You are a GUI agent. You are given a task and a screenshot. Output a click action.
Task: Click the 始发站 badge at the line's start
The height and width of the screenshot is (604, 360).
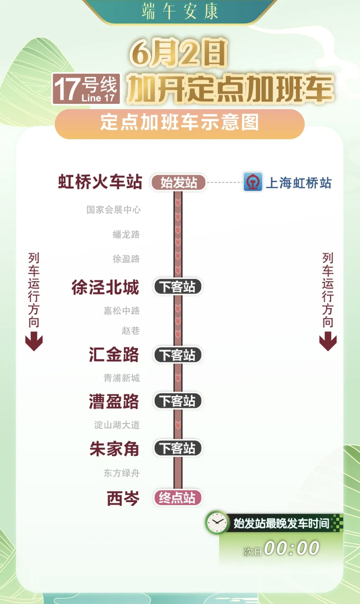tap(178, 183)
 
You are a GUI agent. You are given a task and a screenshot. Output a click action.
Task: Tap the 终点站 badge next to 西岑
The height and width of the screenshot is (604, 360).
tap(177, 498)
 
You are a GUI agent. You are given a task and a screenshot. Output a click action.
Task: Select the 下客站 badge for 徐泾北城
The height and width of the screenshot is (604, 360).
tap(177, 287)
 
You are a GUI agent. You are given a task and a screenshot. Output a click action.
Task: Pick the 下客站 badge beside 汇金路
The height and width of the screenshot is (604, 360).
tap(177, 355)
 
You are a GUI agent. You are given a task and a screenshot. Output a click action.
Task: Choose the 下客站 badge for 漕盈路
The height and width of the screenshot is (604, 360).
tap(177, 401)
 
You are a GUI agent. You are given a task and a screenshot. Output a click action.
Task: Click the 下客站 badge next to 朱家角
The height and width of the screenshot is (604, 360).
tap(177, 449)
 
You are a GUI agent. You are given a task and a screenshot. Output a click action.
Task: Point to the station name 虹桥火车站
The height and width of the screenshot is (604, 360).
tap(100, 182)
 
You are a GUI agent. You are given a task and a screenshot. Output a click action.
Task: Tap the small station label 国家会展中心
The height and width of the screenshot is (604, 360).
tap(114, 210)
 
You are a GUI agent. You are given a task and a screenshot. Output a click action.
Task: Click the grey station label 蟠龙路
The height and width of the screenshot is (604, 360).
tap(127, 235)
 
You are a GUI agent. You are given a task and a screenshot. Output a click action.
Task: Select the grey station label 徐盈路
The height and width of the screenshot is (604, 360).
tap(127, 259)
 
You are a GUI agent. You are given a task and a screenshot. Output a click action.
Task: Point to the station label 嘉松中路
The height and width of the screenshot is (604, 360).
tap(122, 311)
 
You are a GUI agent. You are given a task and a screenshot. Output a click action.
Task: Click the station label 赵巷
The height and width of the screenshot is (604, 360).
tap(131, 330)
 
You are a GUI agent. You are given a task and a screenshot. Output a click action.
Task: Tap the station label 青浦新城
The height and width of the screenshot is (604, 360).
tap(122, 378)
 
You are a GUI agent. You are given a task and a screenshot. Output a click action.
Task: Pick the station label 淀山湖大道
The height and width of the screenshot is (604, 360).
tap(117, 425)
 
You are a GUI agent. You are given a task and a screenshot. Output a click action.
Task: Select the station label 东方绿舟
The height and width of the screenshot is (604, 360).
tap(122, 473)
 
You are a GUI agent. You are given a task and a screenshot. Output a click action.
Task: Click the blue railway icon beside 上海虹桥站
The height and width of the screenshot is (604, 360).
tap(253, 182)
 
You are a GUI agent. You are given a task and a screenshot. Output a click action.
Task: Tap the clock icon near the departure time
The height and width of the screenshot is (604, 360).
tap(217, 523)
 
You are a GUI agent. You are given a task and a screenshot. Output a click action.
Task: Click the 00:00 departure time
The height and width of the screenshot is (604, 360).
tap(292, 548)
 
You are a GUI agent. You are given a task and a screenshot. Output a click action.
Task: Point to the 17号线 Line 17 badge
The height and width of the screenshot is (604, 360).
tap(86, 90)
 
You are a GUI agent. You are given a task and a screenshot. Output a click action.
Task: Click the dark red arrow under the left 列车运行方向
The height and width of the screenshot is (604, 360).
tap(34, 342)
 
